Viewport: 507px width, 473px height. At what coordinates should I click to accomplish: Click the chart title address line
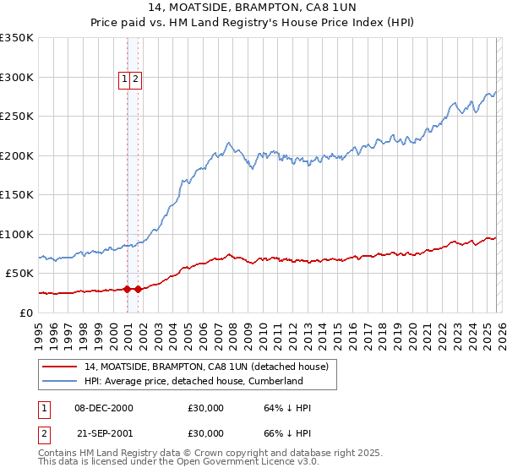(x=253, y=8)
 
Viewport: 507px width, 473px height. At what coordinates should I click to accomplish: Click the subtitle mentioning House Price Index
(x=253, y=24)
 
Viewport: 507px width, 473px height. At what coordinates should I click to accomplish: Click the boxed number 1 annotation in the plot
(x=124, y=79)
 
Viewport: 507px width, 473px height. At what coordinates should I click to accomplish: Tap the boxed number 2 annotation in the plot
(x=135, y=79)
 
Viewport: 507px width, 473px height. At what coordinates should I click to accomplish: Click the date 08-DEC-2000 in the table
(x=104, y=408)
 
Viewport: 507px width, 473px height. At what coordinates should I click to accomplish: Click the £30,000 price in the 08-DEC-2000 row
(x=206, y=408)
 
